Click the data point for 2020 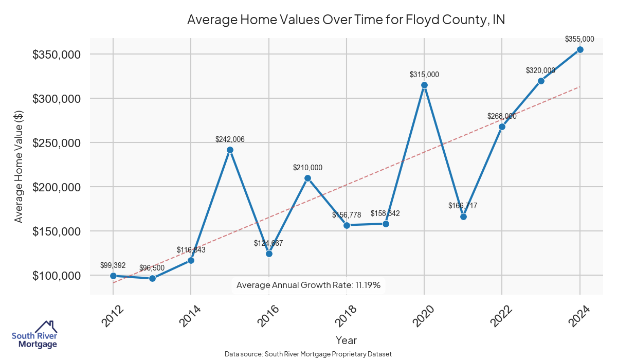[424, 85]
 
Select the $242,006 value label [230, 139]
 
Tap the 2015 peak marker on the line [230, 150]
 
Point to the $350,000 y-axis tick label [57, 55]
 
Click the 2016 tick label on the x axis [268, 316]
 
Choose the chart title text [346, 20]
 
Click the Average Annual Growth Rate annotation [308, 285]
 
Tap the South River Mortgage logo [34, 334]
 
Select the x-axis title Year [346, 340]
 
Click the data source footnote [308, 354]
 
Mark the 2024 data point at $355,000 [580, 49]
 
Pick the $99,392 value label [113, 265]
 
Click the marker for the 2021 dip [463, 217]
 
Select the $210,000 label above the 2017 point [307, 168]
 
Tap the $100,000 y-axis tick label [57, 276]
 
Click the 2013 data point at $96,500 [152, 278]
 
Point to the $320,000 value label [540, 70]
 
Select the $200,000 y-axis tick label [57, 187]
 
